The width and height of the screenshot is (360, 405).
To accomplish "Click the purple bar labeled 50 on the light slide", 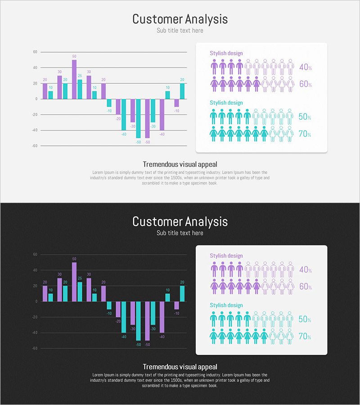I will click(74, 79).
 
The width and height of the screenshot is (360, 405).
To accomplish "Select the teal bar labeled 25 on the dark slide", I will click(80, 292).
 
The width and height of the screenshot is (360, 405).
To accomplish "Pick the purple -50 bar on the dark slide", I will click(147, 321).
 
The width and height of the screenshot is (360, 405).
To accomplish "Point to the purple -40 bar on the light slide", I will click(162, 114).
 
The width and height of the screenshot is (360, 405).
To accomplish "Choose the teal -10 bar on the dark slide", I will click(109, 305).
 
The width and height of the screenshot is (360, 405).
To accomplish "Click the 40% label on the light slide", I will click(305, 67).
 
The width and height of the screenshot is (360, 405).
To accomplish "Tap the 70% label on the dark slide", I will click(305, 336).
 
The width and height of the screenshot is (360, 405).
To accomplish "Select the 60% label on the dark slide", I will click(305, 287).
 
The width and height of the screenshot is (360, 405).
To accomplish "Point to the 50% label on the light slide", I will click(305, 117).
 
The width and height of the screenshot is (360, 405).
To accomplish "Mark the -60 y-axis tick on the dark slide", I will click(35, 348).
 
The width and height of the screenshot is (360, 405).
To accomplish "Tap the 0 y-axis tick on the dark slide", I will click(36, 301).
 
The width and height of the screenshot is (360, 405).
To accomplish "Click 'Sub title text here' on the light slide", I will click(180, 31).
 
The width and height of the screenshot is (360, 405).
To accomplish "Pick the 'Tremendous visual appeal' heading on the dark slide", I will click(180, 367).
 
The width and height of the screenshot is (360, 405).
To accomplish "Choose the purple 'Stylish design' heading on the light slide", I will click(226, 53).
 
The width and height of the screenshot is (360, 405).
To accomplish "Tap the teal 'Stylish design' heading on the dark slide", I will click(226, 305).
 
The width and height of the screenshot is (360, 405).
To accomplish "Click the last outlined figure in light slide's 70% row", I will click(290, 134).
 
